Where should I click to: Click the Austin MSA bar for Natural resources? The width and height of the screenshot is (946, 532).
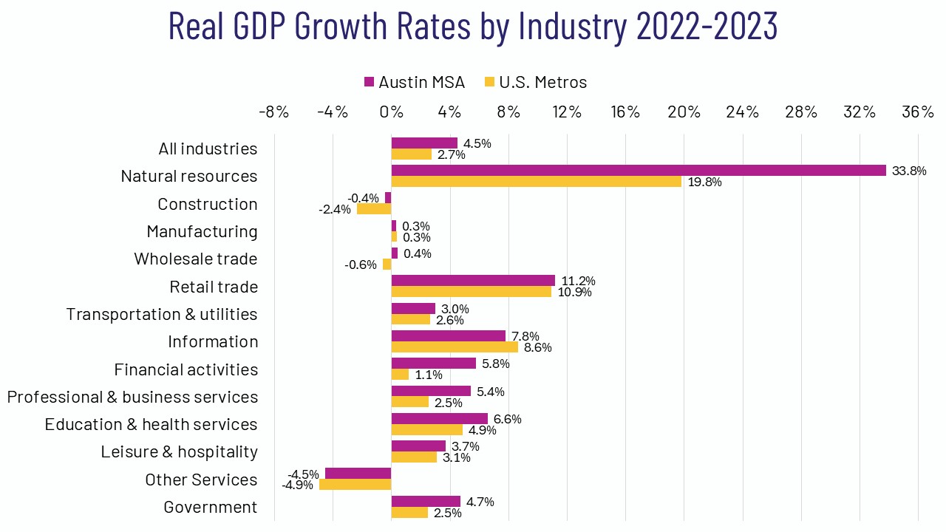tap(639, 171)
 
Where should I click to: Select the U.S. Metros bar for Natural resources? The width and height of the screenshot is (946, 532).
tap(536, 182)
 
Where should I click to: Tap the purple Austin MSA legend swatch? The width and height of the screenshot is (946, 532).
tap(370, 82)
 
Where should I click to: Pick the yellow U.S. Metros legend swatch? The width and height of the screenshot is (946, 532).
tap(489, 82)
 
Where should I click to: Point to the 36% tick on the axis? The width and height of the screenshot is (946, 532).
tap(919, 112)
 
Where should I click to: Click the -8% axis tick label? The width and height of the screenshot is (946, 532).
tap(273, 112)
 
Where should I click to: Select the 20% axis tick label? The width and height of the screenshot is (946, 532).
tap(684, 112)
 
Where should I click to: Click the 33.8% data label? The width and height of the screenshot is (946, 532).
tap(909, 171)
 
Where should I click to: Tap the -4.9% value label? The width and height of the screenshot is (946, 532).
tap(297, 485)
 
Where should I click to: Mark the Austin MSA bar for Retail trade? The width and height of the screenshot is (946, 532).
tap(473, 281)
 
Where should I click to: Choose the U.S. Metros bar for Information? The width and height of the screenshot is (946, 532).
tap(455, 347)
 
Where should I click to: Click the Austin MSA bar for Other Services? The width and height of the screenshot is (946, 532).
tap(358, 474)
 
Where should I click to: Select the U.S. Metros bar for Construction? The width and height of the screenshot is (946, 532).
tap(374, 209)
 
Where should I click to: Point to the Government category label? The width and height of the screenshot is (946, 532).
tap(211, 508)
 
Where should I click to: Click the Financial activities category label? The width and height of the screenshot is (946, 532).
tap(186, 369)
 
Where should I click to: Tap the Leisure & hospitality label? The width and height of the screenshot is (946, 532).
tap(180, 451)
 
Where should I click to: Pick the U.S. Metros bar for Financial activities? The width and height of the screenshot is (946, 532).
tap(400, 375)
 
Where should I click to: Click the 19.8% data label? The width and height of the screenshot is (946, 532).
tap(704, 182)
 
